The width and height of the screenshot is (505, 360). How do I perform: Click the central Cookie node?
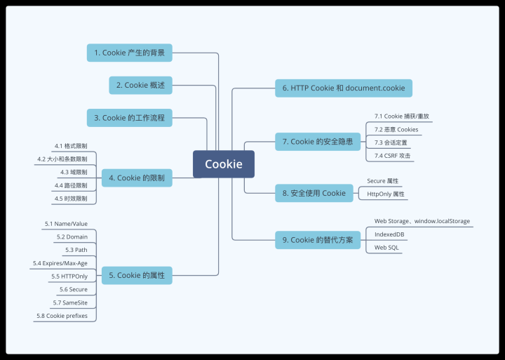click(x=224, y=164)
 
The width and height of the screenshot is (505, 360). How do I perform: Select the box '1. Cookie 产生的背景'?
click(x=130, y=53)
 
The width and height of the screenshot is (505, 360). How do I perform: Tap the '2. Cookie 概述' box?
click(x=140, y=85)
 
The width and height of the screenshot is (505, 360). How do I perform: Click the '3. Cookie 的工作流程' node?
click(x=130, y=118)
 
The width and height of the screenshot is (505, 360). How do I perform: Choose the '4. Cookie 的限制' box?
click(x=136, y=178)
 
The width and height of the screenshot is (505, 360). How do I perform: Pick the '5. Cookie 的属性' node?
click(x=136, y=275)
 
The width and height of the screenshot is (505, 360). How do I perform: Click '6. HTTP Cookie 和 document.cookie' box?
click(x=344, y=88)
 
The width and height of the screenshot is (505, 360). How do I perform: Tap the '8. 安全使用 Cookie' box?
click(x=314, y=193)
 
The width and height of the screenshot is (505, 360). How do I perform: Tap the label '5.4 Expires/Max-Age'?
click(x=60, y=263)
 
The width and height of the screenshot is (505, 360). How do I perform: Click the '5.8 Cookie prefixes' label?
click(x=62, y=316)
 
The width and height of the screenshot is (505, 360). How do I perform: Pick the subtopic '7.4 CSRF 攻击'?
click(x=392, y=155)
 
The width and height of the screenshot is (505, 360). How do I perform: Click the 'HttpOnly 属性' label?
click(x=386, y=194)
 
